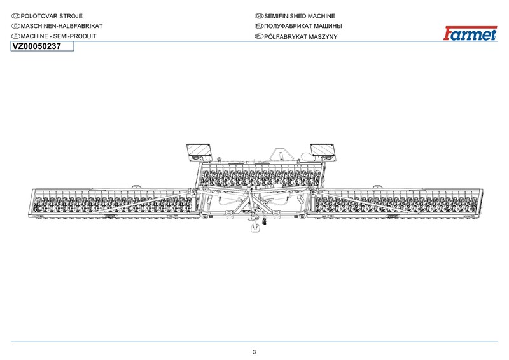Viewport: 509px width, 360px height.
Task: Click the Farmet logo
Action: tap(470, 33)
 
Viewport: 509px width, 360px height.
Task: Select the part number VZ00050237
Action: tap(37, 46)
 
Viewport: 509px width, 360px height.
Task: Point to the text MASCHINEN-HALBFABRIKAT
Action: tap(62, 26)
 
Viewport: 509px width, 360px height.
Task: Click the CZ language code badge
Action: tap(15, 16)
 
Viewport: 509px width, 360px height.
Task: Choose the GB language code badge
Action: tap(259, 16)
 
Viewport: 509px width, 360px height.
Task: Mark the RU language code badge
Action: tap(259, 26)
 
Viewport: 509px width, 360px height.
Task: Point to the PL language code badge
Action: tap(259, 36)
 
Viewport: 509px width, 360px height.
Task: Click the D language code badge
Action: tap(15, 26)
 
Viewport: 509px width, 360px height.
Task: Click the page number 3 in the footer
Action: tap(254, 352)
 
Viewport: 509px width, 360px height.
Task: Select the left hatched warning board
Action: tap(199, 152)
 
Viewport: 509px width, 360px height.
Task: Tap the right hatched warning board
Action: tap(323, 152)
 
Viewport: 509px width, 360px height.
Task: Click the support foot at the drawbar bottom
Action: tap(256, 228)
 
